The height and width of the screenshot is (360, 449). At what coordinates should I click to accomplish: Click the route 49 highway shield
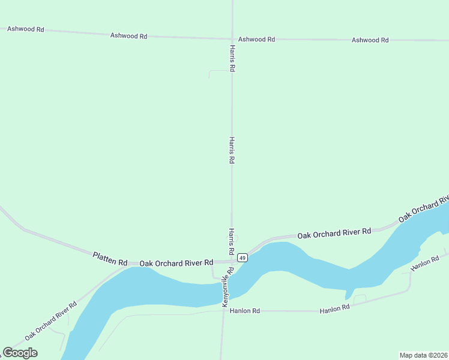[x=242, y=258]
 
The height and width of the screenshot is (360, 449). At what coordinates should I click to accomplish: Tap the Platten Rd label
[x=110, y=259]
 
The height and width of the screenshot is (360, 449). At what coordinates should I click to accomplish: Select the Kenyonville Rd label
[x=228, y=288]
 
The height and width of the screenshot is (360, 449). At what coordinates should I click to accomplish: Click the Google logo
[x=20, y=353]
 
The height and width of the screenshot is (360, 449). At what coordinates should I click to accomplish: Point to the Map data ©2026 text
[x=423, y=355]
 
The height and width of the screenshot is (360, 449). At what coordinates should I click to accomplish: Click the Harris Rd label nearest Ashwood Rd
[x=232, y=58]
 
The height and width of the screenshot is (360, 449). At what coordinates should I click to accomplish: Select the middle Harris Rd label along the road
[x=232, y=150]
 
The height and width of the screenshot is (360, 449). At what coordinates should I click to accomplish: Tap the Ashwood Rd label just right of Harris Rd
[x=256, y=39]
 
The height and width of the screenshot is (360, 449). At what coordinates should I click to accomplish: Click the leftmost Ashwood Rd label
[x=25, y=29]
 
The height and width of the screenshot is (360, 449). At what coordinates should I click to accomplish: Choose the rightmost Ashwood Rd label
[x=370, y=40]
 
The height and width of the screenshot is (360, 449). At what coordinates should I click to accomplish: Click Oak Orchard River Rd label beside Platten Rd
[x=176, y=263]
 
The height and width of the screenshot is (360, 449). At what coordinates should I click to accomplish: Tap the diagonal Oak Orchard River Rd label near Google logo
[x=51, y=321]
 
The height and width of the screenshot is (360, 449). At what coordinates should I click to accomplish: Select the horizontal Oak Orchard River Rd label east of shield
[x=334, y=232]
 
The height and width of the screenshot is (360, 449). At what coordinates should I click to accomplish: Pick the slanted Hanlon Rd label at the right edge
[x=426, y=263]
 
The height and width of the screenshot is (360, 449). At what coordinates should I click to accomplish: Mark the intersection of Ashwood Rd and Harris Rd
[x=232, y=39]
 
